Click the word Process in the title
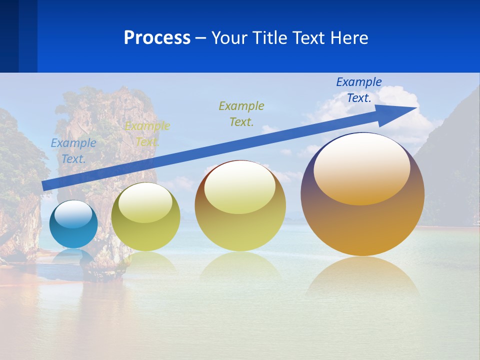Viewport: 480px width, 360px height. click(157, 38)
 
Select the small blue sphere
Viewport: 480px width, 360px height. click(73, 230)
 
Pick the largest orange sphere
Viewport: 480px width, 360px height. click(362, 220)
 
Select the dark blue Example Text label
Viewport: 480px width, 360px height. click(359, 90)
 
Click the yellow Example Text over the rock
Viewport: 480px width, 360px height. click(147, 134)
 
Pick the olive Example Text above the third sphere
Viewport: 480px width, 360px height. click(241, 113)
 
